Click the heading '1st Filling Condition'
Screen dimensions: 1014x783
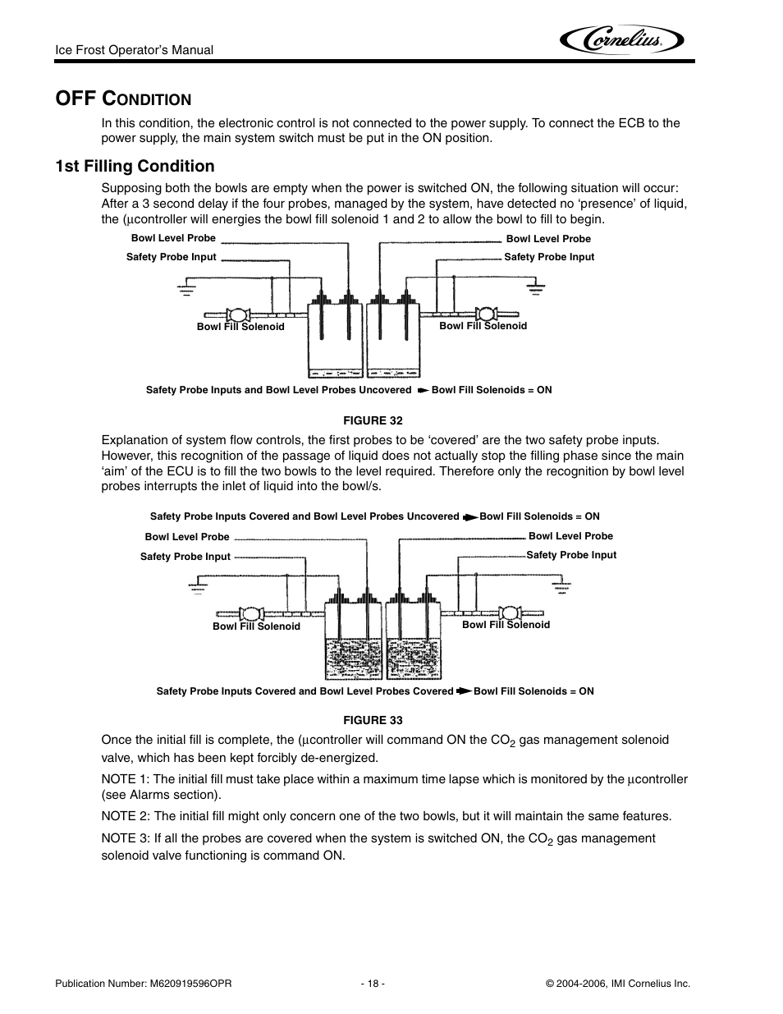135,166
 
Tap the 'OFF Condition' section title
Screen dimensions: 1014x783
122,99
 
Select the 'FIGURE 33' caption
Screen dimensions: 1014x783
373,720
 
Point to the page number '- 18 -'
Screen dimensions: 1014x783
372,983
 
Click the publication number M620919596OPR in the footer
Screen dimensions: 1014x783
144,983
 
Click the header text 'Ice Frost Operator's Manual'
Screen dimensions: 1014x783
134,50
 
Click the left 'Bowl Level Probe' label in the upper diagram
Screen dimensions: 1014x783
173,238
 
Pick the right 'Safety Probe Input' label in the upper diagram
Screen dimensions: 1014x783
549,257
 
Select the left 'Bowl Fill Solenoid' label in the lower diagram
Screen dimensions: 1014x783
256,626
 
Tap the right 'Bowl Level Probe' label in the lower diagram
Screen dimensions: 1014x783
570,536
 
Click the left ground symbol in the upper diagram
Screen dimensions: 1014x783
186,288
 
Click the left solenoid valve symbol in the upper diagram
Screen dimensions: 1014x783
240,314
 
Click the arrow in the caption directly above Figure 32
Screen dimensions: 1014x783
422,390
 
